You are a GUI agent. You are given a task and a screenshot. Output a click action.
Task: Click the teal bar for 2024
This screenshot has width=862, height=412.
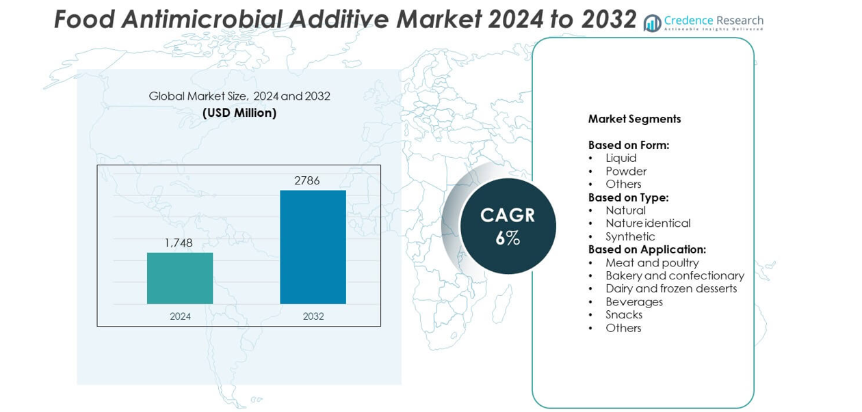coord(180,278)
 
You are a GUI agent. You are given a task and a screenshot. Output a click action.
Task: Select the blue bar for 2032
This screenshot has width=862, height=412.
coord(313,247)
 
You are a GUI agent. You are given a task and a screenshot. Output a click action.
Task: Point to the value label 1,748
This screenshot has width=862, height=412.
coord(178,243)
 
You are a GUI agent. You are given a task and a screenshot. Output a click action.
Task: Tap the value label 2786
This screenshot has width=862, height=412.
coord(307,180)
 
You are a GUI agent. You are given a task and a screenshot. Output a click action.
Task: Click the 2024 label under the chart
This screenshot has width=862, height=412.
coord(180,316)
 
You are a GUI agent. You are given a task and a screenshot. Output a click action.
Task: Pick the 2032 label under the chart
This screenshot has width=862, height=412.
coord(313,316)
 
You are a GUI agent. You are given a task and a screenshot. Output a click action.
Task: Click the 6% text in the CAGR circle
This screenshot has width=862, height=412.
coord(508,238)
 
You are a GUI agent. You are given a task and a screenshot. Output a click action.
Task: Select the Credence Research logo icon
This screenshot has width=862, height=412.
coord(653,23)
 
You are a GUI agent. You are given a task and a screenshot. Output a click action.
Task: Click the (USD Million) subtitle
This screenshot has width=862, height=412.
coord(239,113)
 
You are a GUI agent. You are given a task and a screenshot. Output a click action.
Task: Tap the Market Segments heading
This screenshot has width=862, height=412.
coord(634,119)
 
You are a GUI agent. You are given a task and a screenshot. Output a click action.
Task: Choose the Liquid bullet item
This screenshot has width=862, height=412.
coord(621,158)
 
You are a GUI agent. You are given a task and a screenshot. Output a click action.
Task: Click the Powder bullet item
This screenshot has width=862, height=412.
coord(625,171)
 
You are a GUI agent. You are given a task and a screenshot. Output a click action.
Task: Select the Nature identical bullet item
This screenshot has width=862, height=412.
coord(647,223)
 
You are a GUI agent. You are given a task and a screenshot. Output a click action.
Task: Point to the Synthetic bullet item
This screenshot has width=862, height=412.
coord(630,236)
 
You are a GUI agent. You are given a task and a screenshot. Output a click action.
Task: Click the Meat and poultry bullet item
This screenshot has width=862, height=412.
coord(651,263)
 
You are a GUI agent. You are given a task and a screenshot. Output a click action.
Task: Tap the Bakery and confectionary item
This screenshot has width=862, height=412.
coord(674,276)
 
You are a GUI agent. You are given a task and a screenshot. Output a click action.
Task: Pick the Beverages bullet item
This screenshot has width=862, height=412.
coord(634,302)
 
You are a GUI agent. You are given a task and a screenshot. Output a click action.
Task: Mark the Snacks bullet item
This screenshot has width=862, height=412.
coord(623,315)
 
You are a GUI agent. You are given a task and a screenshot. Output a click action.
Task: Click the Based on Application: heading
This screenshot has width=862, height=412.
coord(646,249)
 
